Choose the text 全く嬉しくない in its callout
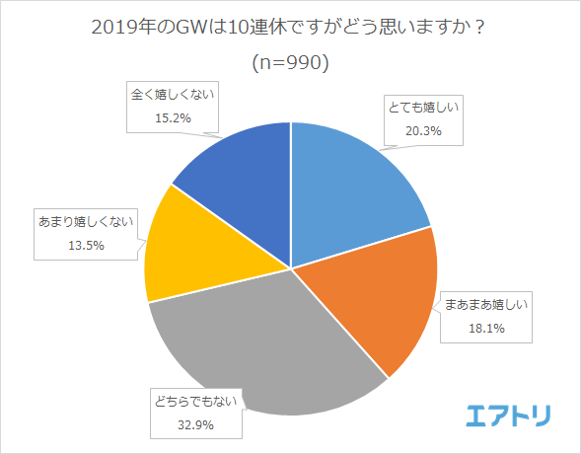click(174, 95)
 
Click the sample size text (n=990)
click(290, 62)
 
